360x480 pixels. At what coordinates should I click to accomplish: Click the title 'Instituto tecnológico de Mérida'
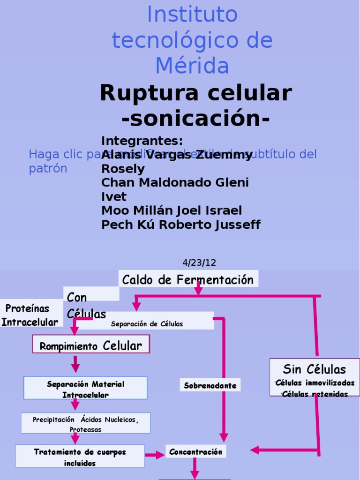[192, 40]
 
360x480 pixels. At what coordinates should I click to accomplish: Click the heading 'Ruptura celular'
[195, 93]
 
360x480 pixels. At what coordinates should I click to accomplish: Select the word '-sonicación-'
[195, 119]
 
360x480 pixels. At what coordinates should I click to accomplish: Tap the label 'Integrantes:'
[142, 141]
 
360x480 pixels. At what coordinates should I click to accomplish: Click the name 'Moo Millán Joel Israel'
[172, 210]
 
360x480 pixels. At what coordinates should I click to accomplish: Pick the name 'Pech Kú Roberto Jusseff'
[181, 225]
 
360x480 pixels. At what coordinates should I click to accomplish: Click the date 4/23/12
[199, 262]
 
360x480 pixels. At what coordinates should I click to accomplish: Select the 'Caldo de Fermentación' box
[188, 280]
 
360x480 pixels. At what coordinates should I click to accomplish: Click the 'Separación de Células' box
[147, 324]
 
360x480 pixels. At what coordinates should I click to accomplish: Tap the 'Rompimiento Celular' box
[90, 346]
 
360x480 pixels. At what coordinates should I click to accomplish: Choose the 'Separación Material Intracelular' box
[86, 389]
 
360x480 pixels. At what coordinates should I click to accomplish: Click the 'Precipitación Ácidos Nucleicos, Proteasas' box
[86, 424]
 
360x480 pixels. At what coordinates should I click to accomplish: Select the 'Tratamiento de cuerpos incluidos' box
[80, 457]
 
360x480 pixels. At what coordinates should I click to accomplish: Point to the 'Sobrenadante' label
[210, 386]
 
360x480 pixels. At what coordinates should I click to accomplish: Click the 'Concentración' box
[195, 452]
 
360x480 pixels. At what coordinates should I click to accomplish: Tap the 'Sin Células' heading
[314, 369]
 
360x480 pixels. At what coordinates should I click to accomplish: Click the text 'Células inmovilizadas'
[315, 383]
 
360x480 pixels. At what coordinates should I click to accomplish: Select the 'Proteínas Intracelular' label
[30, 315]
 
